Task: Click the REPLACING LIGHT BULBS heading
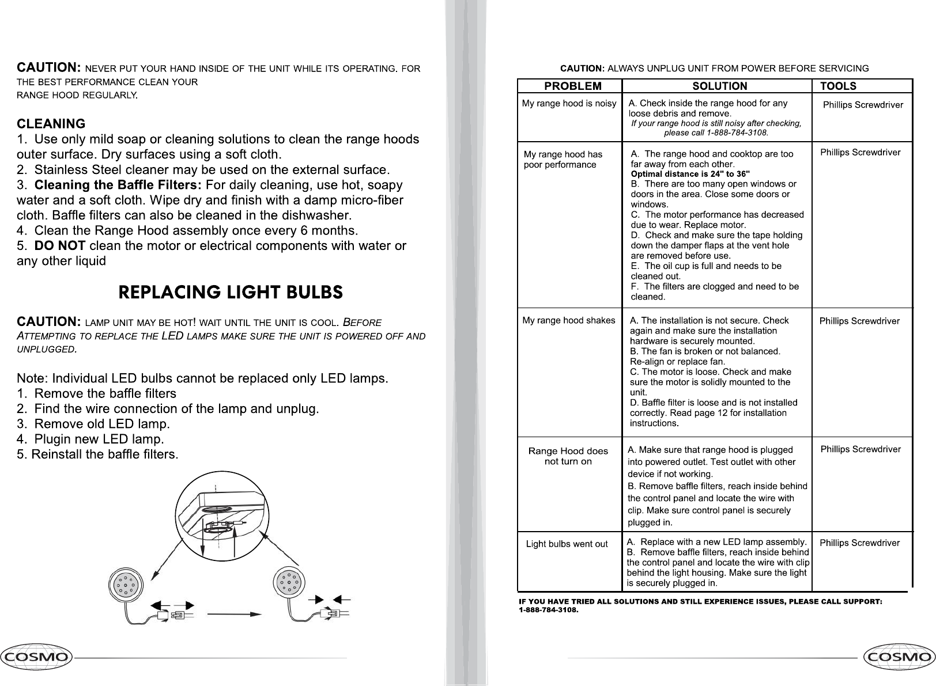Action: click(231, 292)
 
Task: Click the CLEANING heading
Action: click(51, 124)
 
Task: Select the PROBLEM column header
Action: click(573, 86)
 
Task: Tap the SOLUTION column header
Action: click(719, 86)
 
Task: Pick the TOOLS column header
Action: click(838, 86)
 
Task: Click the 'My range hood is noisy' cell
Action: click(569, 104)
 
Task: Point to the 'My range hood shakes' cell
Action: click(568, 320)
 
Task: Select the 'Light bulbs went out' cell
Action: click(567, 544)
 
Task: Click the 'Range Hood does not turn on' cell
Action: click(568, 456)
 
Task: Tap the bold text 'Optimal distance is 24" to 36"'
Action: click(690, 174)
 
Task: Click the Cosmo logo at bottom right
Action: click(900, 657)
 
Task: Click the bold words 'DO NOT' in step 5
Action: click(61, 246)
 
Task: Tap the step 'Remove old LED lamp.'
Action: click(102, 425)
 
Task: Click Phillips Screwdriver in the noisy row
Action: click(863, 105)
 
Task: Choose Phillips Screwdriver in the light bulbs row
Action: click(859, 543)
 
